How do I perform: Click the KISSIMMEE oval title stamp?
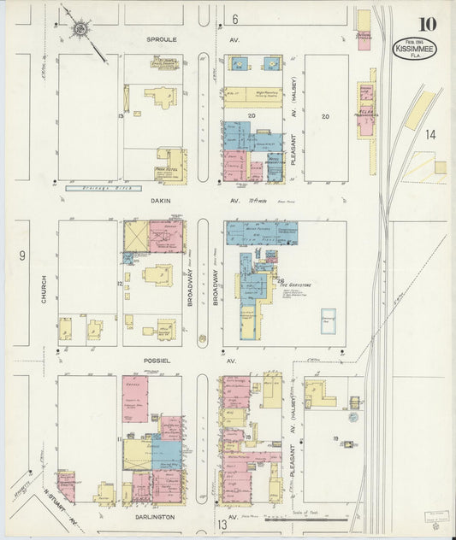coord(414,49)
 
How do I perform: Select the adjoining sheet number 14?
coord(429,134)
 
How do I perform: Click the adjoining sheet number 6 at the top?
coord(234,19)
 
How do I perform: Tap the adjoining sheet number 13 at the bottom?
coord(222,524)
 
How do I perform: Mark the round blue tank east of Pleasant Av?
coord(352,417)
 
